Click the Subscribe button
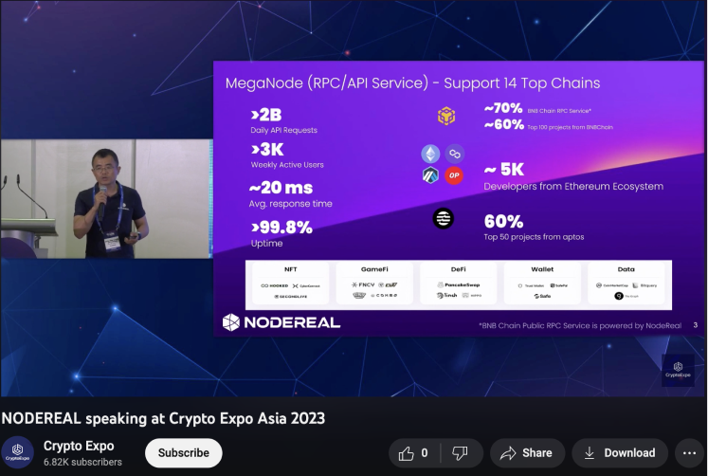pos(184,452)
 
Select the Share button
pos(526,452)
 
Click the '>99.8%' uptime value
pos(281,227)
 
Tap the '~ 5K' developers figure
pos(503,170)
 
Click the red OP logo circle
pos(454,175)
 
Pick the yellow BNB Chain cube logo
pos(446,117)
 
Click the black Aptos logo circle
pos(443,218)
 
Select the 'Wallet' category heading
pos(543,269)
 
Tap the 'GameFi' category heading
pos(374,269)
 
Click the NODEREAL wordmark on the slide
pos(281,322)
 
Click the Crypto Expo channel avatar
pos(17,452)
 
